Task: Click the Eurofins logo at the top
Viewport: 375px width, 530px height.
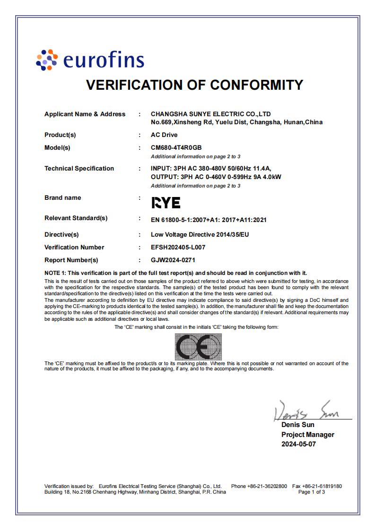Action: (90, 60)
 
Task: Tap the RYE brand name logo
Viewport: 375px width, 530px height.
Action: (166, 203)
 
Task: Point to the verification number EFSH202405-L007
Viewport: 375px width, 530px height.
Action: (178, 247)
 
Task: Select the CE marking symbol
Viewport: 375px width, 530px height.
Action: (198, 347)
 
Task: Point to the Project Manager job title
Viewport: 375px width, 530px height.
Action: (307, 435)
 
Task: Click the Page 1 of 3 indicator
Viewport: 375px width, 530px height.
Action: (312, 492)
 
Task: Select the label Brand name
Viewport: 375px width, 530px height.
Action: (62, 197)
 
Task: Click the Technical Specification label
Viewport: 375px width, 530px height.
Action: (79, 168)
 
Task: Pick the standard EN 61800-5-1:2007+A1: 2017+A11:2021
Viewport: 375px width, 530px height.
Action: (209, 220)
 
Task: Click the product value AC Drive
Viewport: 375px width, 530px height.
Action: (164, 135)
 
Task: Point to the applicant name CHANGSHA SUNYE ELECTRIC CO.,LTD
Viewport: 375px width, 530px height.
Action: (210, 114)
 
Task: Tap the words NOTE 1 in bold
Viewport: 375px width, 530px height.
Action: (55, 273)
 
